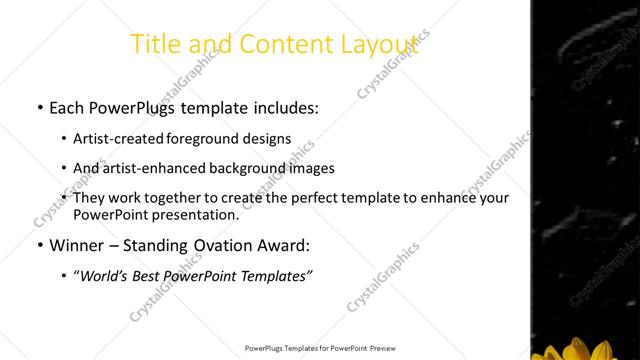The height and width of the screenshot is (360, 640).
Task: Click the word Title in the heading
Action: click(x=157, y=44)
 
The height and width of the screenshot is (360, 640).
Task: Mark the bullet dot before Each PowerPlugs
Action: click(x=39, y=105)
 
